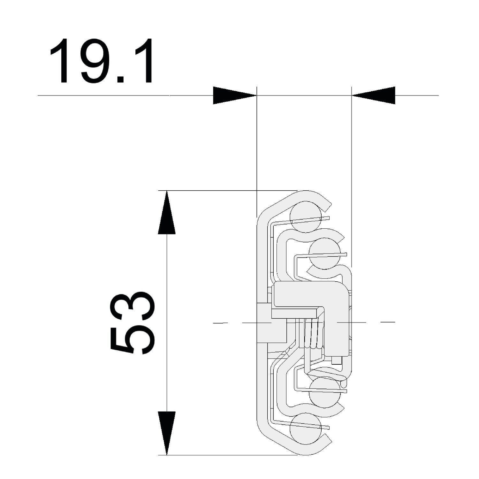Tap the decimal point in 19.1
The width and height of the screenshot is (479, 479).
pos(122,79)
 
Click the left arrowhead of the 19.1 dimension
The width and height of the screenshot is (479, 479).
pos(235,95)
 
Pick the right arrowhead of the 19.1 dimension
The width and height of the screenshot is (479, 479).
pos(373,95)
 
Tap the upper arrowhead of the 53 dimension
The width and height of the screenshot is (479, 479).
pos(167,212)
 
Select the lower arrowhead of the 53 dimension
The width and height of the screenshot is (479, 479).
pos(167,433)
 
